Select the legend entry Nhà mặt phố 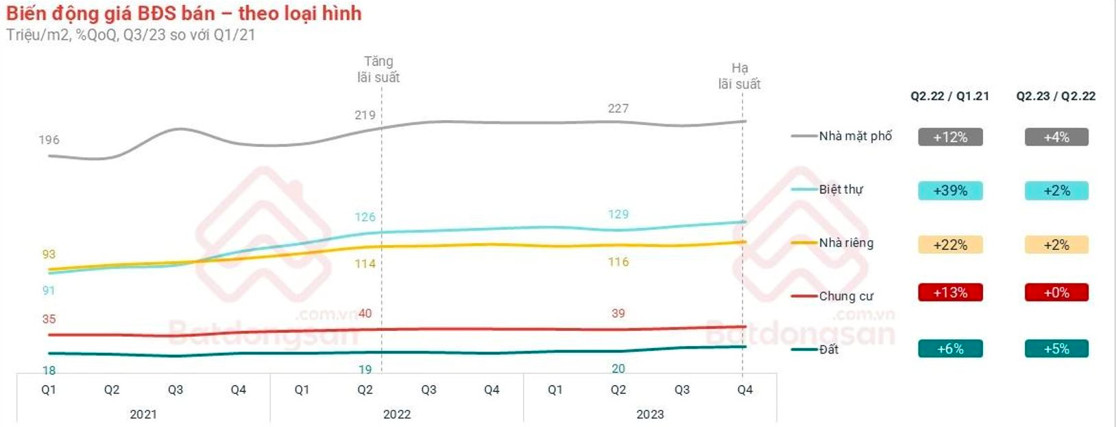(x=855, y=136)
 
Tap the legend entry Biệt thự (x=840, y=189)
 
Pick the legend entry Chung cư (x=846, y=296)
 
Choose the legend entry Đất (x=828, y=349)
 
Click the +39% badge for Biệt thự (x=950, y=191)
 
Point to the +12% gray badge (x=950, y=137)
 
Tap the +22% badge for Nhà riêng (x=950, y=245)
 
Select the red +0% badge (x=1056, y=292)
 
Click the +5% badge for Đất (x=1056, y=349)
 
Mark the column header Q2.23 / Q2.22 (x=1056, y=96)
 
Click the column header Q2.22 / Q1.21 (x=949, y=96)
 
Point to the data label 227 (x=618, y=108)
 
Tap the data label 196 (x=49, y=140)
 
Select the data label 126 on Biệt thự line (x=365, y=217)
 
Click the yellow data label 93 (x=49, y=254)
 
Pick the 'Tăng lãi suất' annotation (x=378, y=69)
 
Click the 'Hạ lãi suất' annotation (x=739, y=76)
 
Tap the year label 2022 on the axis (x=397, y=414)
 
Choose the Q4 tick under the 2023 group (x=744, y=390)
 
